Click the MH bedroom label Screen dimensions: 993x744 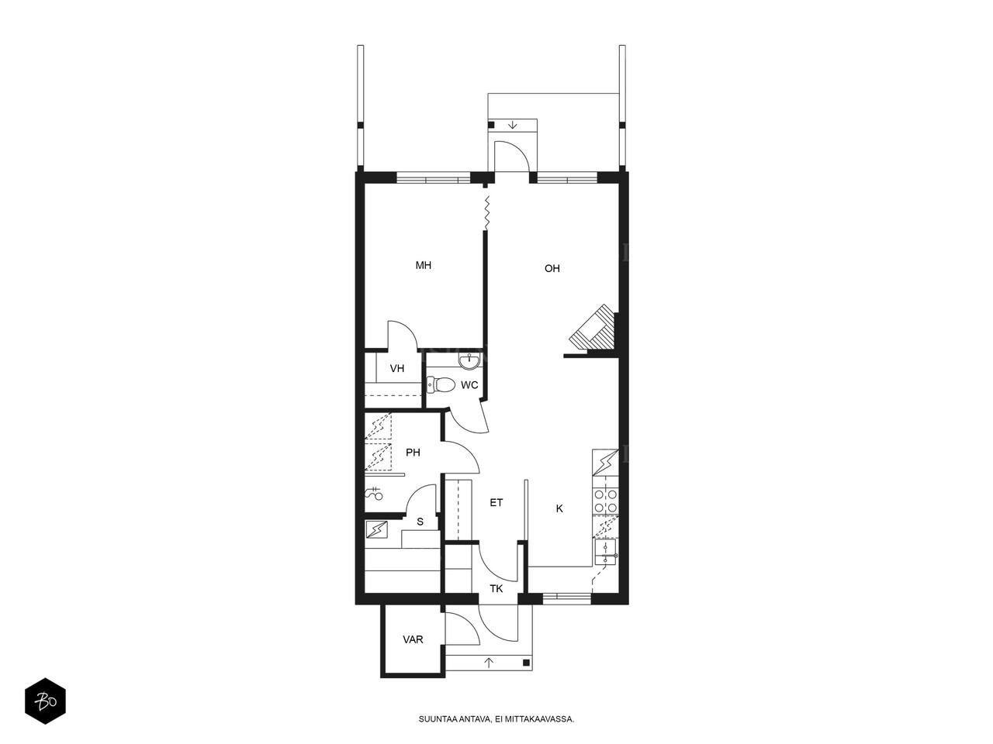(423, 265)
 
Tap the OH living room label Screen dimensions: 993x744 (552, 268)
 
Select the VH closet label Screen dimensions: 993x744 (396, 368)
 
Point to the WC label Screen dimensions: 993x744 (469, 385)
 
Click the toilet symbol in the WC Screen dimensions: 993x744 (441, 384)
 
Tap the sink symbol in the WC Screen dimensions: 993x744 (469, 360)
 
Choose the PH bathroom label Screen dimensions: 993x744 (413, 452)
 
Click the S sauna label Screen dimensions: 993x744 (420, 522)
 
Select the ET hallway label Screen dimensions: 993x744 (496, 502)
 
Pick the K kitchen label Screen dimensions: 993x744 (559, 508)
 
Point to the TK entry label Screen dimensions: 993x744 (496, 588)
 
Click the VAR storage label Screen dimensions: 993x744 (413, 639)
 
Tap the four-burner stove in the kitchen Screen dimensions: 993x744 (605, 501)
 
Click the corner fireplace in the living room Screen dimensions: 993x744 (593, 329)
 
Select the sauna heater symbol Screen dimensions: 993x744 (376, 529)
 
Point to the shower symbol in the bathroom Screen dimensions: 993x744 (374, 494)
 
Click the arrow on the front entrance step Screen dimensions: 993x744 (489, 663)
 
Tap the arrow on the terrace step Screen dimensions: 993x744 (512, 125)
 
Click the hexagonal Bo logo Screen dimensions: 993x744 (45, 701)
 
